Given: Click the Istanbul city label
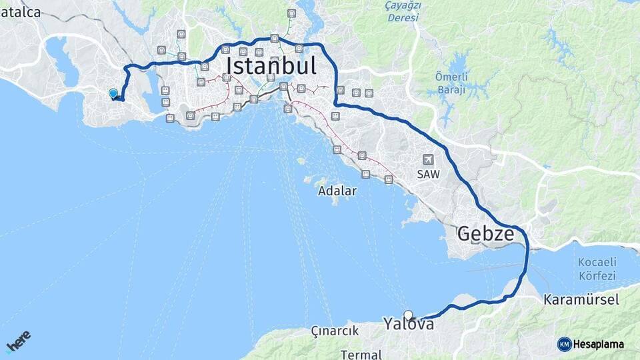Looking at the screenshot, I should tap(280, 66).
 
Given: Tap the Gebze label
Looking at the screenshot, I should tap(485, 233).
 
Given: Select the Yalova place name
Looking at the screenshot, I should tap(409, 324).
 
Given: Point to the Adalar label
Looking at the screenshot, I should tap(337, 191).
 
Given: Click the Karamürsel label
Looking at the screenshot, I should tap(581, 299).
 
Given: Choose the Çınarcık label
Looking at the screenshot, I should tap(335, 331).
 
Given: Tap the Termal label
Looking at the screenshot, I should tap(361, 353).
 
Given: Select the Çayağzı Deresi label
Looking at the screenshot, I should tap(404, 11).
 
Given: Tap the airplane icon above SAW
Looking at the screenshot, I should tap(427, 159).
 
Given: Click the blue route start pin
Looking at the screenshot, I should tap(113, 94).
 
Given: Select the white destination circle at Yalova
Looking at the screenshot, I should tap(408, 315).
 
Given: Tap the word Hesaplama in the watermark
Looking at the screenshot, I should tap(599, 345).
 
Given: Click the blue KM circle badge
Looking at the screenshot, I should tap(565, 344).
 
